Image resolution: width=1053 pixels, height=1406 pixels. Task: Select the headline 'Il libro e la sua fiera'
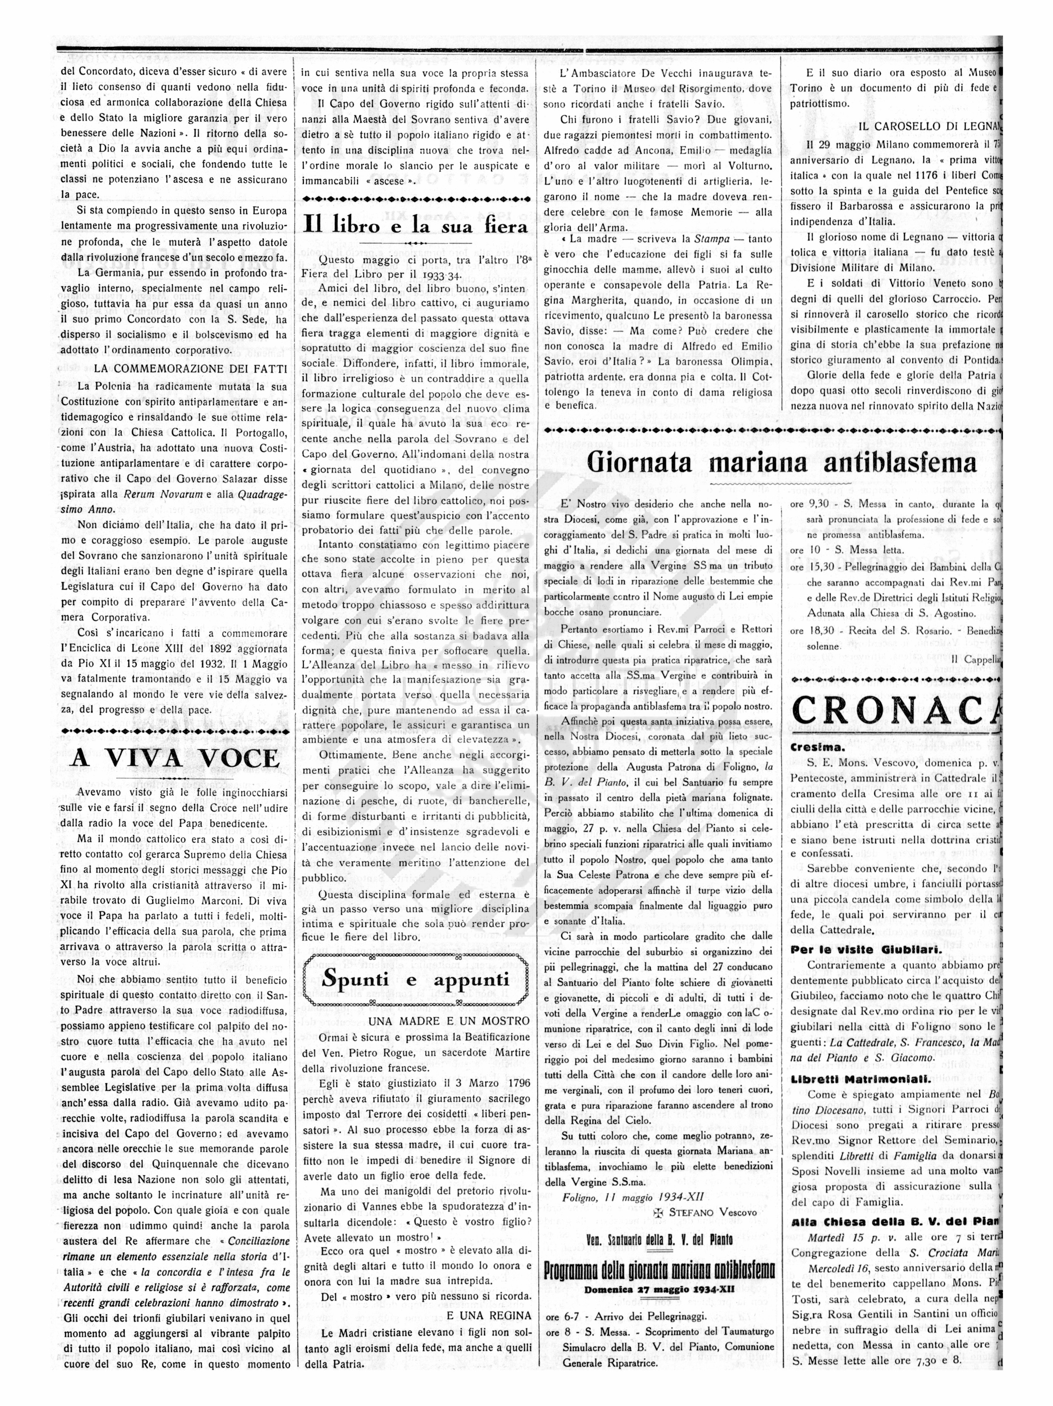pyautogui.click(x=416, y=224)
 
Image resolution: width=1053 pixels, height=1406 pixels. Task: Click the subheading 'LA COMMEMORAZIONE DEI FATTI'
pyautogui.click(x=191, y=369)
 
